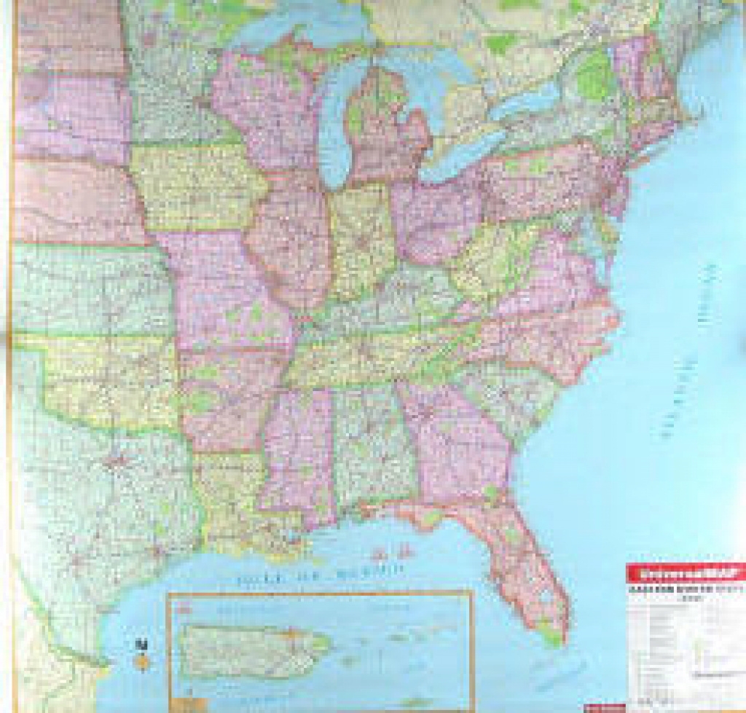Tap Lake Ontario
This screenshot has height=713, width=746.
pos(535,95)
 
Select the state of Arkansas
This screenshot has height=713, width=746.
pos(229,393)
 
